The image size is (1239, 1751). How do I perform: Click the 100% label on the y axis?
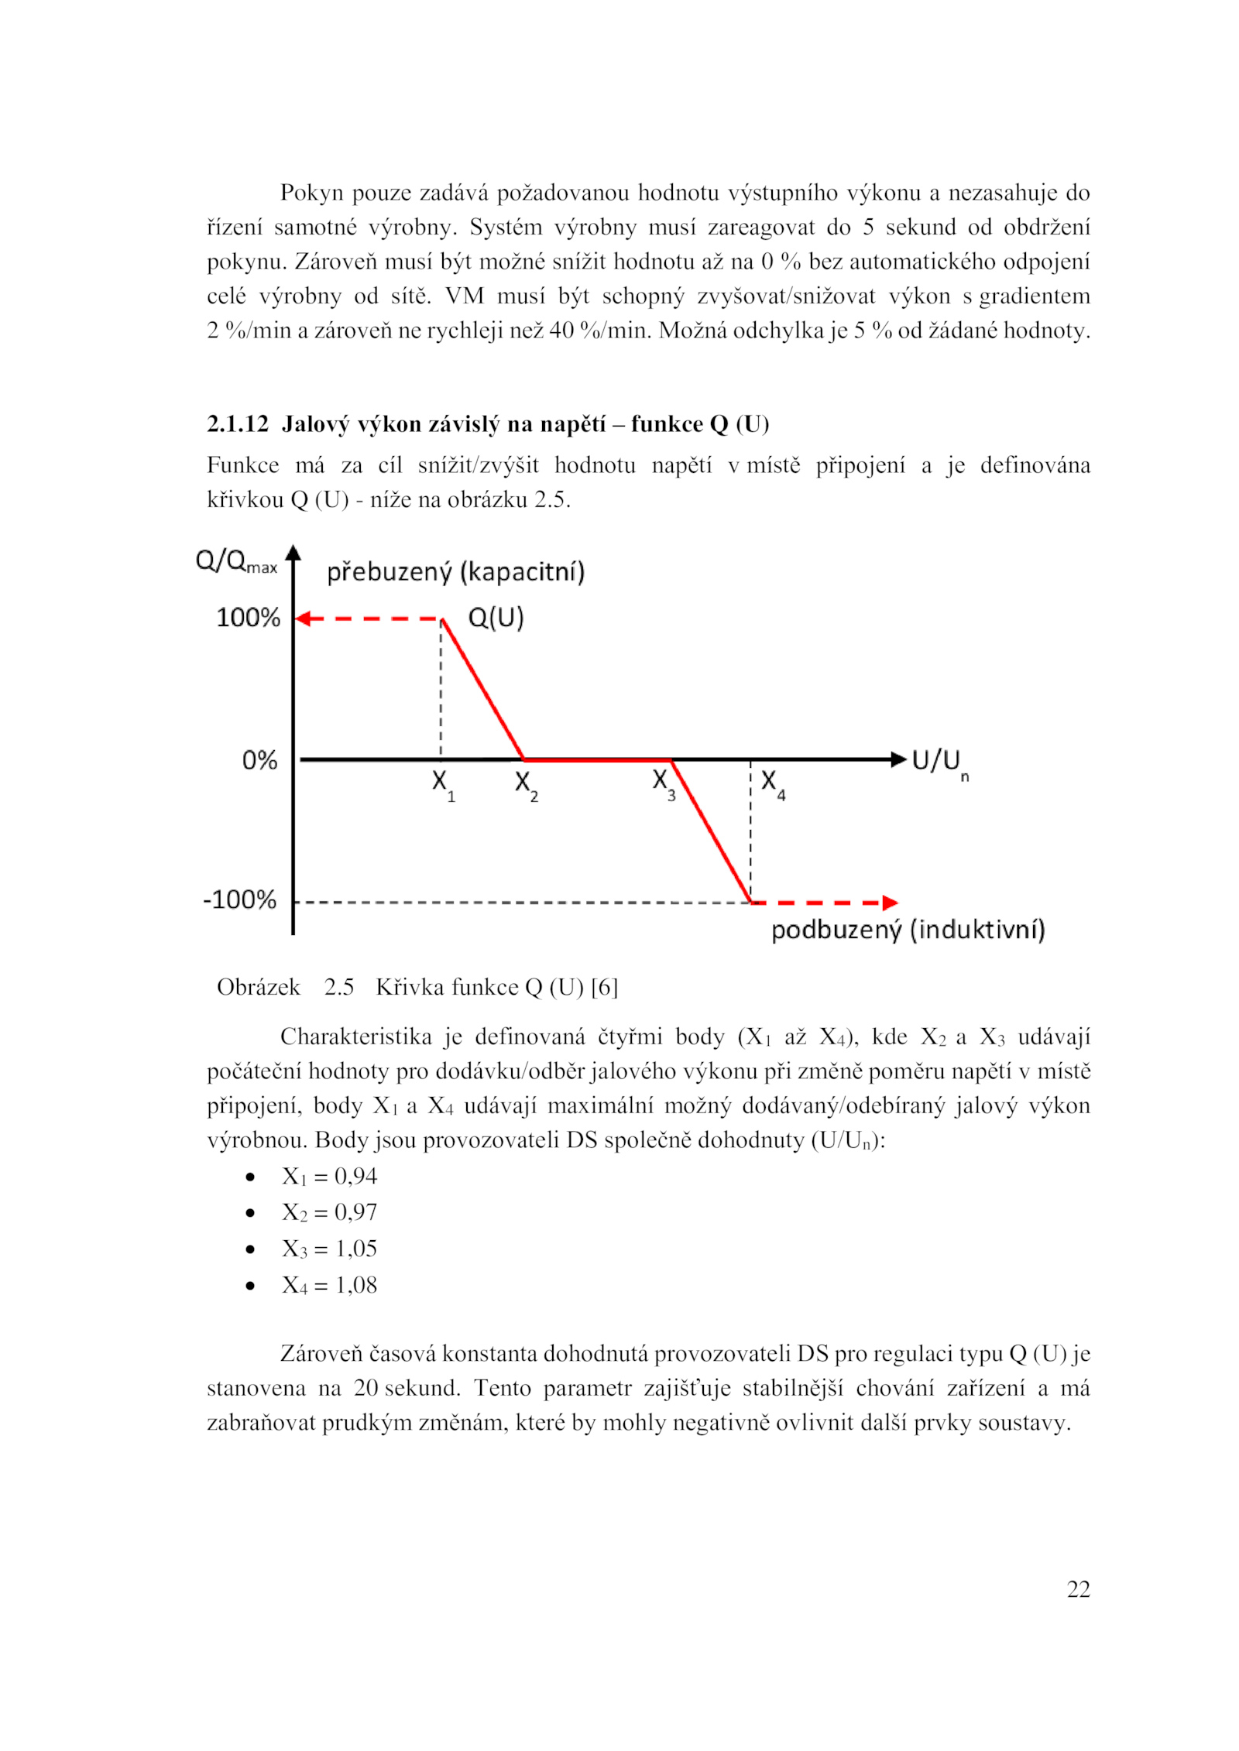point(248,618)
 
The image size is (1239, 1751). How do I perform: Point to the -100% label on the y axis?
point(239,899)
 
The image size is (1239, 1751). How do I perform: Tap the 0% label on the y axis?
point(259,760)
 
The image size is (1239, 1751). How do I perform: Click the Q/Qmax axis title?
point(236,561)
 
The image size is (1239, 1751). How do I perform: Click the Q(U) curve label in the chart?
point(496,618)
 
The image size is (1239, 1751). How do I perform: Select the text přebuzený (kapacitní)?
point(455,572)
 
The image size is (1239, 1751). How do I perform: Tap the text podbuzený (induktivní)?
point(908,930)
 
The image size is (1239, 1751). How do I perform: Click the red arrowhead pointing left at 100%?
point(304,619)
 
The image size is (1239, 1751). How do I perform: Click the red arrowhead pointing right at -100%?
point(890,903)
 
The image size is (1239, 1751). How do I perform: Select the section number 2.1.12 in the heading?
point(237,424)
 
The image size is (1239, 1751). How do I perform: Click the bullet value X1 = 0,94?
point(329,1177)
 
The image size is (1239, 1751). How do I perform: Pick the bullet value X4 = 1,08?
point(329,1285)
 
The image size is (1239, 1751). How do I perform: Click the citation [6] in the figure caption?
point(604,987)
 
